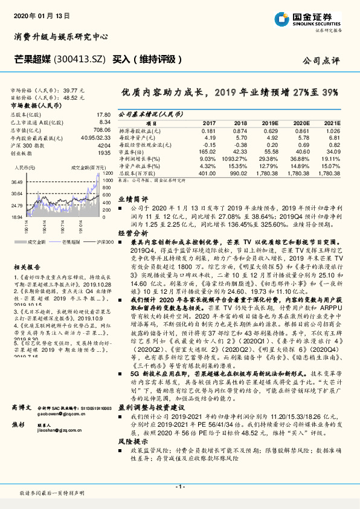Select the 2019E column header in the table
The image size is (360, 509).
[x=271, y=123]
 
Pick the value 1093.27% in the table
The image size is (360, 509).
[x=236, y=158]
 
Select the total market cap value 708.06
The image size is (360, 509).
[x=102, y=129]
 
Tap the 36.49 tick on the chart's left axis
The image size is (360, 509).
[x=16, y=181]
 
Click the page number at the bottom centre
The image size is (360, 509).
[x=180, y=487]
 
